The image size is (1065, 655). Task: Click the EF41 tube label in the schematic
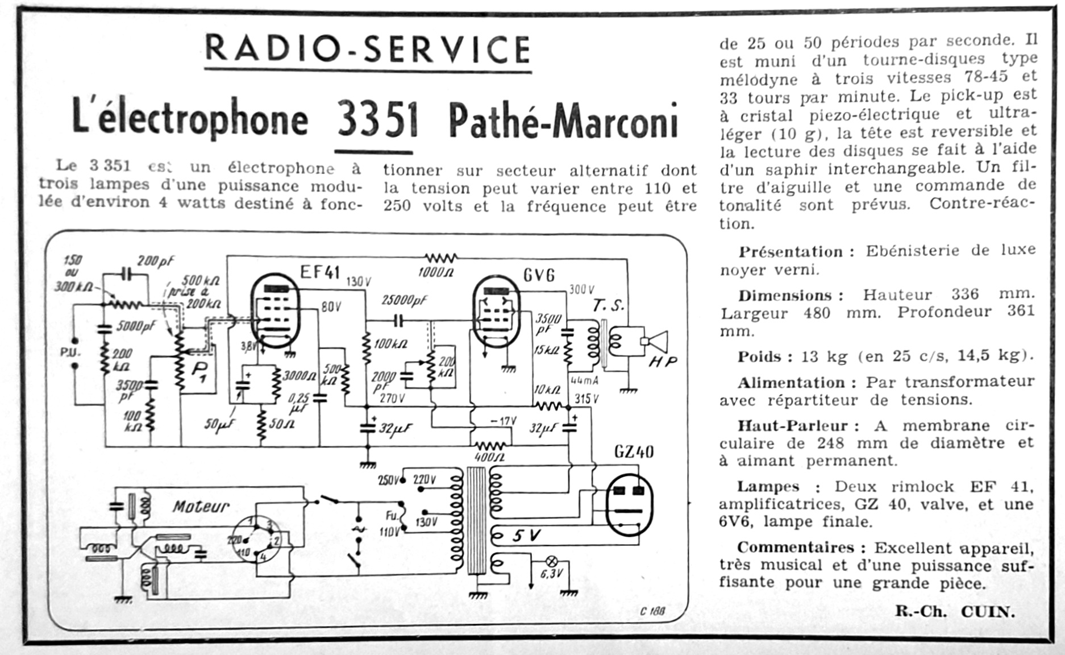tap(319, 272)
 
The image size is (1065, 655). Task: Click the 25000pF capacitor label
tap(404, 301)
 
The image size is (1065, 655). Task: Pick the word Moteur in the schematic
tap(201, 506)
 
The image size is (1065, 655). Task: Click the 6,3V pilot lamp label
tap(550, 574)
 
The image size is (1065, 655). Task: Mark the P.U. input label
tap(70, 353)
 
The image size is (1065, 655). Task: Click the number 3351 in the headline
tap(377, 120)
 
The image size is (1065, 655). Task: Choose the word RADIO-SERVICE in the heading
tap(368, 49)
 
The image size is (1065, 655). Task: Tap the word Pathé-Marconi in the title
tap(563, 120)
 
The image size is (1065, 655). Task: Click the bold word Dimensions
tap(785, 296)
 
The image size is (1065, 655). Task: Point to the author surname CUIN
tap(988, 612)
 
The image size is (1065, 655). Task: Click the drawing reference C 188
tap(652, 611)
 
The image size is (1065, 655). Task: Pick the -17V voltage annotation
tap(503, 421)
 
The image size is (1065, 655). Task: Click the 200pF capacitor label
tap(156, 262)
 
